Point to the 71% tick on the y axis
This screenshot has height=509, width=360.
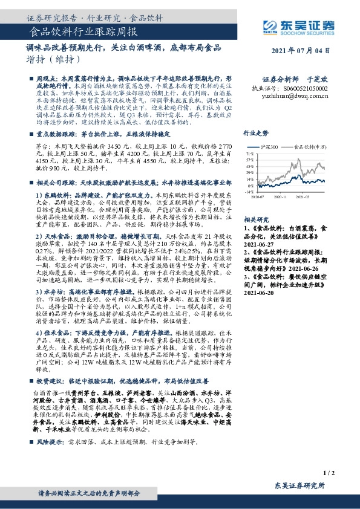(249, 155)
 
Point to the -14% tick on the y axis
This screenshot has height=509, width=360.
(248, 191)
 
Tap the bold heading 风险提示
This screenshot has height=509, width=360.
(49, 424)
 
